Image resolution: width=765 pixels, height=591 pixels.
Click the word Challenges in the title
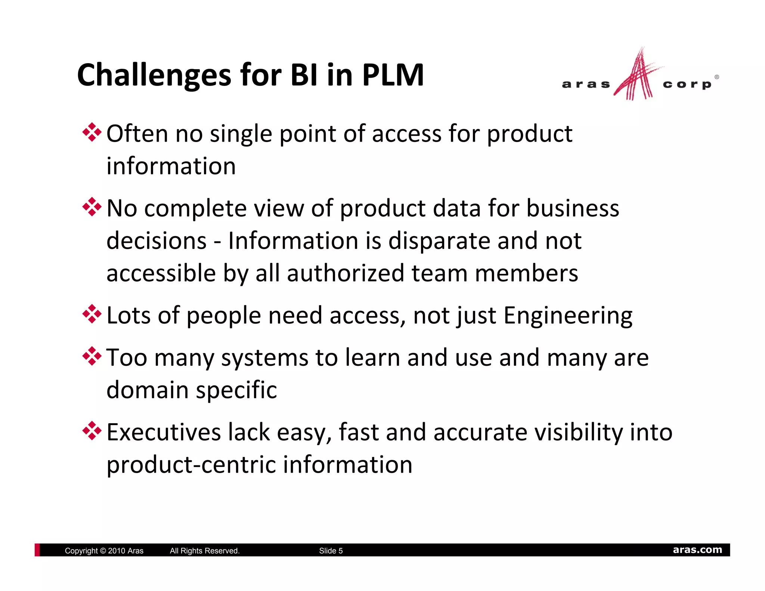pyautogui.click(x=154, y=75)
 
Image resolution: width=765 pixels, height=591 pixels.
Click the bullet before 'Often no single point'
pyautogui.click(x=92, y=133)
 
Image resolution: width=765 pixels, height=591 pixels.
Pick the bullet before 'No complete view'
pyautogui.click(x=92, y=207)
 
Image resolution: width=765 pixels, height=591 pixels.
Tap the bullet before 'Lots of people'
pyautogui.click(x=92, y=315)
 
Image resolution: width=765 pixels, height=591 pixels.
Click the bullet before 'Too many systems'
pyautogui.click(x=92, y=356)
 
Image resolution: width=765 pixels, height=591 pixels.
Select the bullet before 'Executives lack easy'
pyautogui.click(x=92, y=431)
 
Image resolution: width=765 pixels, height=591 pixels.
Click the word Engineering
pyautogui.click(x=568, y=316)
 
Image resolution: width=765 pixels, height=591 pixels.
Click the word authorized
pyautogui.click(x=346, y=273)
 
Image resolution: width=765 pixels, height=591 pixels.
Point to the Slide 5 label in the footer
pyautogui.click(x=331, y=551)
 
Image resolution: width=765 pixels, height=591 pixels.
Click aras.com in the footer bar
pyautogui.click(x=697, y=550)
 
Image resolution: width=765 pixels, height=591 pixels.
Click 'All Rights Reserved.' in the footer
pyautogui.click(x=204, y=551)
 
